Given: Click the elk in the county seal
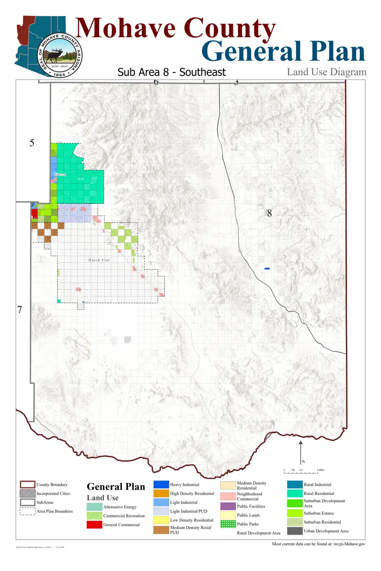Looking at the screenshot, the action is point(56,55).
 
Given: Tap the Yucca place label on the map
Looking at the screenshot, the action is point(60,174).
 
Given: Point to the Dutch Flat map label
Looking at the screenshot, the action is point(99,260).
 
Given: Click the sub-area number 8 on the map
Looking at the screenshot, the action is point(269,214).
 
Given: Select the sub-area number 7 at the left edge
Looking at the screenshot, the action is point(19,310).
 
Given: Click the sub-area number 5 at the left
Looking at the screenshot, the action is point(32,143).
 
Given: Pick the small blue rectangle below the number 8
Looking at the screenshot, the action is point(267,269).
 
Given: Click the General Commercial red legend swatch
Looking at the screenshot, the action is point(94,524).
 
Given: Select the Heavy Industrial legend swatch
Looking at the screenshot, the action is point(161,485).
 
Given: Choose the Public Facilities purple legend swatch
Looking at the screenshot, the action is point(228,506).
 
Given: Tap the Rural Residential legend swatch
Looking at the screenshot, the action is point(295,493).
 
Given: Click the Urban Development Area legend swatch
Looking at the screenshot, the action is point(295,531).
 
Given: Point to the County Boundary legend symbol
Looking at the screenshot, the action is point(28,485).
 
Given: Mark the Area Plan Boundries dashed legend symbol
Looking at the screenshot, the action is point(28,511).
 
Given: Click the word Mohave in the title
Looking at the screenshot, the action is point(126,28).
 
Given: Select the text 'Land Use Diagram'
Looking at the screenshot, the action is point(326,72).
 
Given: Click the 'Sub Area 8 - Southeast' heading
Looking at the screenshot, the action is point(171,72).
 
